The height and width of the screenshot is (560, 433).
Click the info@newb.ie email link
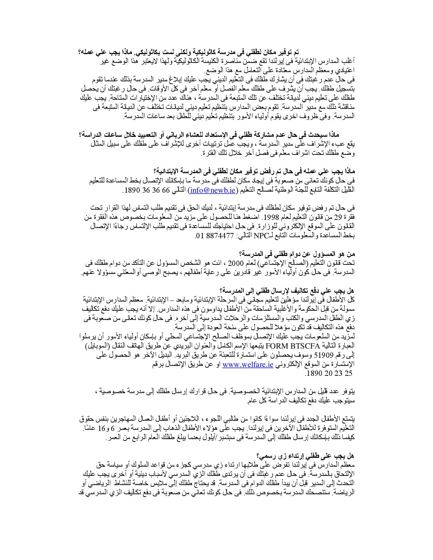(x=213, y=191)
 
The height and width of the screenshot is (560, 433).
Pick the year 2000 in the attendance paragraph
(x=226, y=263)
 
